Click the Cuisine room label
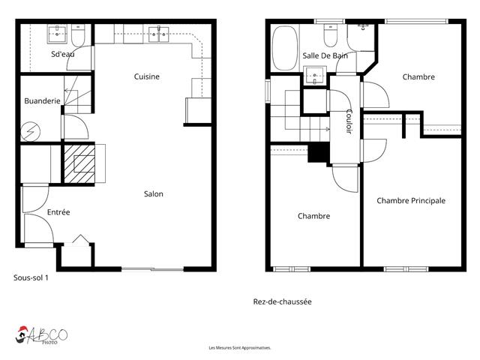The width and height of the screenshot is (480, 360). (x=147, y=76)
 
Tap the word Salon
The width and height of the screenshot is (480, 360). (x=154, y=194)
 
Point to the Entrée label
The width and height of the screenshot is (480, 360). (x=58, y=212)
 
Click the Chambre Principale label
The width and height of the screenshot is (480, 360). (x=411, y=200)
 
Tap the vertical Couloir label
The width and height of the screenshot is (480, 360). (x=349, y=122)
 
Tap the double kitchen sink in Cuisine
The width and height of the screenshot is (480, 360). (x=158, y=32)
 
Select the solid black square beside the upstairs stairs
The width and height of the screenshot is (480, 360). (x=319, y=152)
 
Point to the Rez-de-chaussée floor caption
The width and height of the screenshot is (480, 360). (x=282, y=301)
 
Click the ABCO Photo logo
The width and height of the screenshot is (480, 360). (x=43, y=335)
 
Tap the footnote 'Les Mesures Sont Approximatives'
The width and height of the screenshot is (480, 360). (x=239, y=348)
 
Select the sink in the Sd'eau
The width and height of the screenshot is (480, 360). (x=58, y=33)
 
